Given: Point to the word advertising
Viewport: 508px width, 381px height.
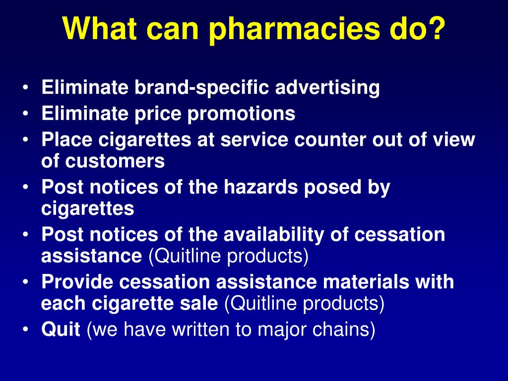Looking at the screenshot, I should pos(327,88).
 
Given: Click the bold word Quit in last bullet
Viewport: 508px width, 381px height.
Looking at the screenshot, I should pos(61,329).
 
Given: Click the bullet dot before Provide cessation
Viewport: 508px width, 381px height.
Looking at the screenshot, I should pos(25,282).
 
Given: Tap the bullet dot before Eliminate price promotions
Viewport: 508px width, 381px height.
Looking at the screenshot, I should pos(25,114).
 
